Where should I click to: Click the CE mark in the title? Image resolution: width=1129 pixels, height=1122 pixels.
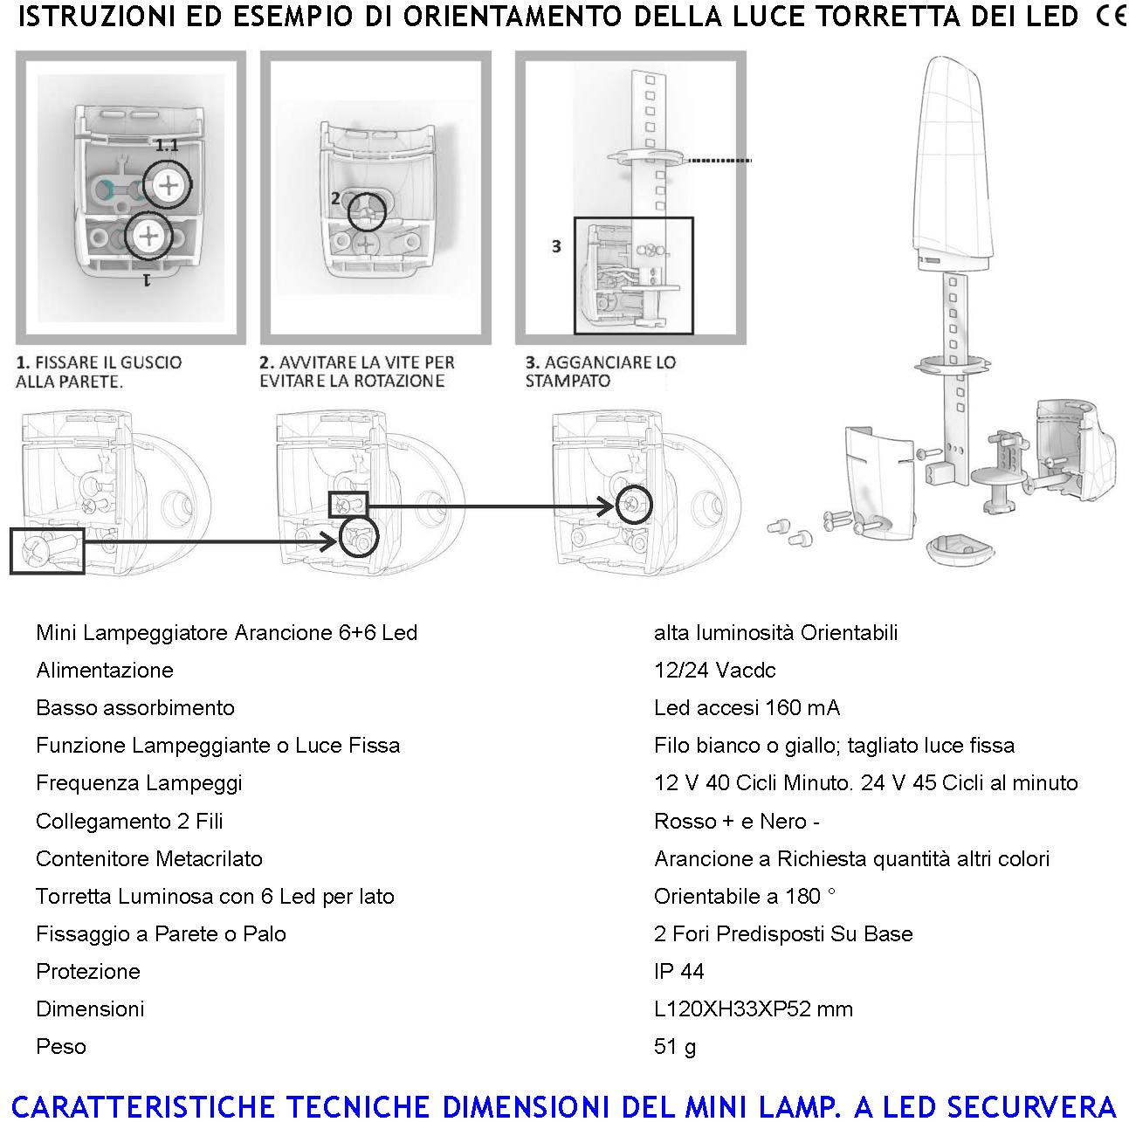coord(1109,17)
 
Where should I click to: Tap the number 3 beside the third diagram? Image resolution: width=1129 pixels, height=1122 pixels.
coord(556,247)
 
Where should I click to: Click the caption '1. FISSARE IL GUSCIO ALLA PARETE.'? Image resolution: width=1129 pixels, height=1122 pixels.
coord(99,371)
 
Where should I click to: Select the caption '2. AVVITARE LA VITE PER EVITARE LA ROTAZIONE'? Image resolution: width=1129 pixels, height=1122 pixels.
coord(356,371)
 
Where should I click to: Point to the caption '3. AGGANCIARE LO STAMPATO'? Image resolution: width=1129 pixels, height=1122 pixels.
coord(600,371)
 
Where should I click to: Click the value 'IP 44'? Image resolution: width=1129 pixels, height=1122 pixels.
coord(678,971)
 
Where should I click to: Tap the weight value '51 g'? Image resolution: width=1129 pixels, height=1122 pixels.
coord(674,1046)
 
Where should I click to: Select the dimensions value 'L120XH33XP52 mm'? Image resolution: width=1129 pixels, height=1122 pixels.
coord(753,1008)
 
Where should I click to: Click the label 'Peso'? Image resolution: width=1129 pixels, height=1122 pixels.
coord(61,1046)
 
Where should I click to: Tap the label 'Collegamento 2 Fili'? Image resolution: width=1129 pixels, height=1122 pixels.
coord(129,821)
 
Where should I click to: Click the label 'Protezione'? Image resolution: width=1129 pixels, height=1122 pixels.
coord(88,971)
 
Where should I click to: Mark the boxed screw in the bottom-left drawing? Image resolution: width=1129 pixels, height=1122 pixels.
coord(47,551)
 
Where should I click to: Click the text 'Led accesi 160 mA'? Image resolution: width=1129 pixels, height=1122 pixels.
coord(747,707)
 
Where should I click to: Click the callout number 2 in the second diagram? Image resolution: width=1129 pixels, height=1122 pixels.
coord(335,198)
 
